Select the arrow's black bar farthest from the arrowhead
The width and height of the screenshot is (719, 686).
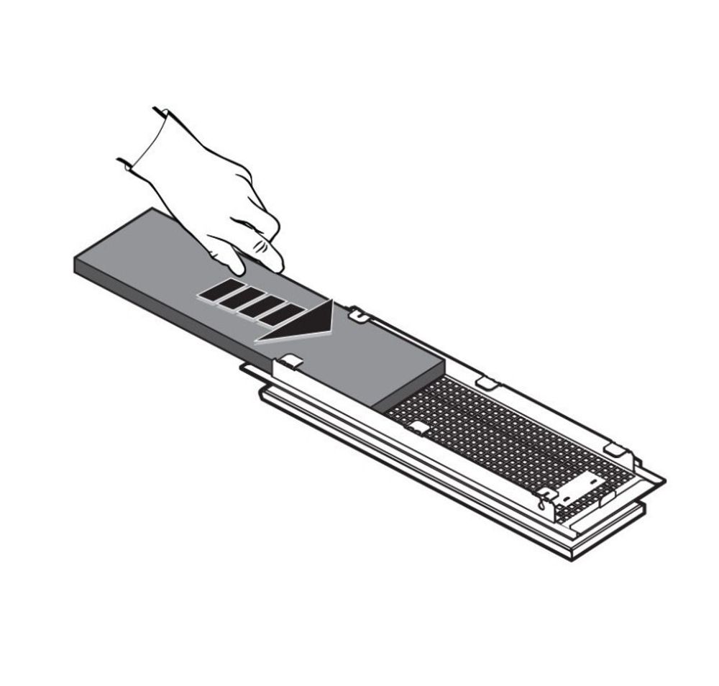(214, 291)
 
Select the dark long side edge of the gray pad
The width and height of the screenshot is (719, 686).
(216, 324)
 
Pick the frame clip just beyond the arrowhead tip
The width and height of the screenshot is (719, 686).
(358, 314)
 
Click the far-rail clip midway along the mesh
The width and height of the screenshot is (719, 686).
(487, 381)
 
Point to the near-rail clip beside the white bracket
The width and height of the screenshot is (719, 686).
(546, 495)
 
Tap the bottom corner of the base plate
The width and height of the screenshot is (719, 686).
(572, 557)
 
